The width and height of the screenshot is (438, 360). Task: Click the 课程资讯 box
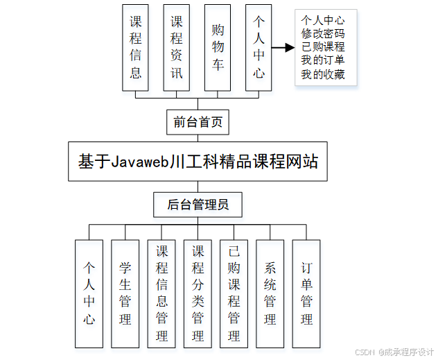pos(177,47)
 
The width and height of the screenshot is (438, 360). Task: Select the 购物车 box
pos(218,47)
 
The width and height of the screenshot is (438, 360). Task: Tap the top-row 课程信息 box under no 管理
pos(136,47)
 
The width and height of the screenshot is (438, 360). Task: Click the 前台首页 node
pos(198,123)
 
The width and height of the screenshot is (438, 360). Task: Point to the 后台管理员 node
pos(198,205)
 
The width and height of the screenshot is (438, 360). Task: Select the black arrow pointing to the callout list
pos(281,48)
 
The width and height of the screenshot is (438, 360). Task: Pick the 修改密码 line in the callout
pos(323,33)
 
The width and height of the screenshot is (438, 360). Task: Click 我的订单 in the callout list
pos(323,60)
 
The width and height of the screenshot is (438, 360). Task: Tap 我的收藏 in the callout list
pos(323,74)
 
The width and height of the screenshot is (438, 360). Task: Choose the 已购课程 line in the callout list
pos(323,47)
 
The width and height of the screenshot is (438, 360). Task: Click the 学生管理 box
pos(125,293)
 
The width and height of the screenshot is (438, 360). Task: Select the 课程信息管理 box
pos(161,293)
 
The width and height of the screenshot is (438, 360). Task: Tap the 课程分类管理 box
pos(198,293)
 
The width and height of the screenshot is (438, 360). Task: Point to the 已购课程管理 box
pos(234,293)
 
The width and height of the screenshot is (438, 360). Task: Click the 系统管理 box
pos(270,293)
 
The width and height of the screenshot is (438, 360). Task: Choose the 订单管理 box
pos(306,293)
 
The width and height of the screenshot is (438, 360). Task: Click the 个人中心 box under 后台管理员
pos(89,293)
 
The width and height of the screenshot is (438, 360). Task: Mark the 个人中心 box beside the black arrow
pos(259,47)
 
